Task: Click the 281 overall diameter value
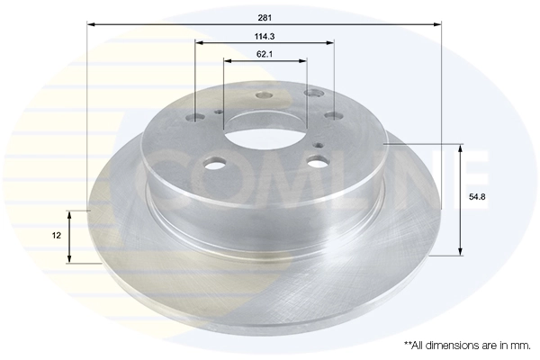pos(265,17)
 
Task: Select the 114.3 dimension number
pos(265,36)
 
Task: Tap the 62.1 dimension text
pos(265,54)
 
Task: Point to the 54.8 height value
pos(477,195)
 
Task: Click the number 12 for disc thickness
pos(55,235)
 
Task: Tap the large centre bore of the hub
pos(264,136)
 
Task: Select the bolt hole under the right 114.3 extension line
pos(332,115)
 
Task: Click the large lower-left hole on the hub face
pos(214,165)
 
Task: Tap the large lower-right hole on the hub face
pos(316,162)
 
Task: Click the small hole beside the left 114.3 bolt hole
pos(218,112)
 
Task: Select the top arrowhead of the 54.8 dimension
pos(461,148)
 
